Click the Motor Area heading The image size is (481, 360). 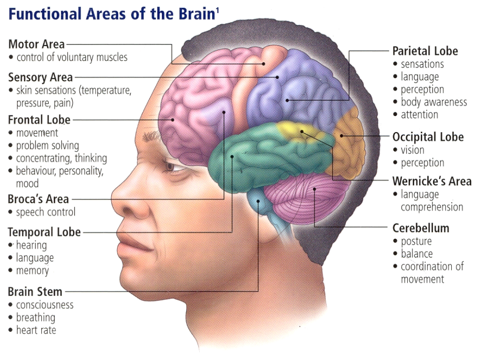[x=37, y=44]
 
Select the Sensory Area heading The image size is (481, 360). [x=40, y=77]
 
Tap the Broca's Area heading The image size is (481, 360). [x=38, y=199]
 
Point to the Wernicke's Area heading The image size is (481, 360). [x=432, y=181]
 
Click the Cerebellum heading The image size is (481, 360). [x=420, y=228]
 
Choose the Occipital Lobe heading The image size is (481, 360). [x=428, y=137]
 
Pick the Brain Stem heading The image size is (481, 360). [x=35, y=292]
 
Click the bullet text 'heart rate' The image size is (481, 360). [x=36, y=330]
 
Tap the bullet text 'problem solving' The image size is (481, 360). [x=48, y=145]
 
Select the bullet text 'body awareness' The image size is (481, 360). [x=434, y=102]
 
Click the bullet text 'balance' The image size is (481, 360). [x=417, y=253]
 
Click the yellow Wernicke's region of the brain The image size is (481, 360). [x=296, y=131]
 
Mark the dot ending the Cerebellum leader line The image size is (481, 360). [x=315, y=189]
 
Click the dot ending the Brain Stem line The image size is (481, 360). [x=258, y=202]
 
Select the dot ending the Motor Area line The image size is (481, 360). [x=264, y=64]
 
